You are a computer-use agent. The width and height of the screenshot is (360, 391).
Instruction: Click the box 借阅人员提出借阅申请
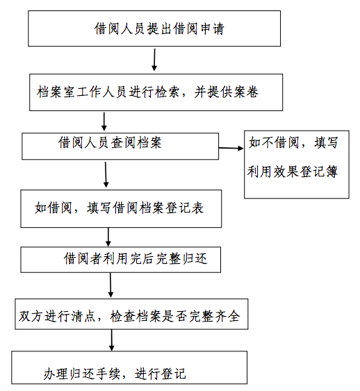click(154, 28)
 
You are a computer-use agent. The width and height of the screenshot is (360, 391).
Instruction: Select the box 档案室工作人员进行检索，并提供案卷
click(156, 92)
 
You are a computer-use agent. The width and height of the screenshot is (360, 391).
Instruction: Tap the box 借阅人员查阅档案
click(120, 146)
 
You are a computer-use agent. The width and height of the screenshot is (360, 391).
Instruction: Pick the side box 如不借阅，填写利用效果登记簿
click(296, 165)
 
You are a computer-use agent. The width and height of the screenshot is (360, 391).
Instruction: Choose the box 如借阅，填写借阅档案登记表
click(121, 209)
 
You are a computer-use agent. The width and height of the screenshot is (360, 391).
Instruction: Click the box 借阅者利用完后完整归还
click(120, 260)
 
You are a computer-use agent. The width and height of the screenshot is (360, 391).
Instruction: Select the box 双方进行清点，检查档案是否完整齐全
click(131, 314)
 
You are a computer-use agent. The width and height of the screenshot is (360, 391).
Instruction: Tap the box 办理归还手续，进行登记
click(129, 367)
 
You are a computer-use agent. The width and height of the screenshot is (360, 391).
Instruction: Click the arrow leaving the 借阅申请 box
click(154, 60)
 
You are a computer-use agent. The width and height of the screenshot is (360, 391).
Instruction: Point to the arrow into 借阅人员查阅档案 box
click(104, 122)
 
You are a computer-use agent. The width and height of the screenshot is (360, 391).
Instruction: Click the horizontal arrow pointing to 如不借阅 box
click(231, 148)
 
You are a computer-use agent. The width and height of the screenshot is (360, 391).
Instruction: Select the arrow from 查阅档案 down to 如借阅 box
click(106, 174)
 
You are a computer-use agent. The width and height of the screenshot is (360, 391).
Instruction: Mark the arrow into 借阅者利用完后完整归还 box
click(108, 237)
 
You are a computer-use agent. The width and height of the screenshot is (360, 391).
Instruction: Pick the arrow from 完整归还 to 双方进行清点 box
click(111, 285)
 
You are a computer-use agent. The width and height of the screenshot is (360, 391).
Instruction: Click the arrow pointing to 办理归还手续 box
click(111, 340)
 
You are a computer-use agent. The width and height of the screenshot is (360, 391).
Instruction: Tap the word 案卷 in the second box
click(246, 92)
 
